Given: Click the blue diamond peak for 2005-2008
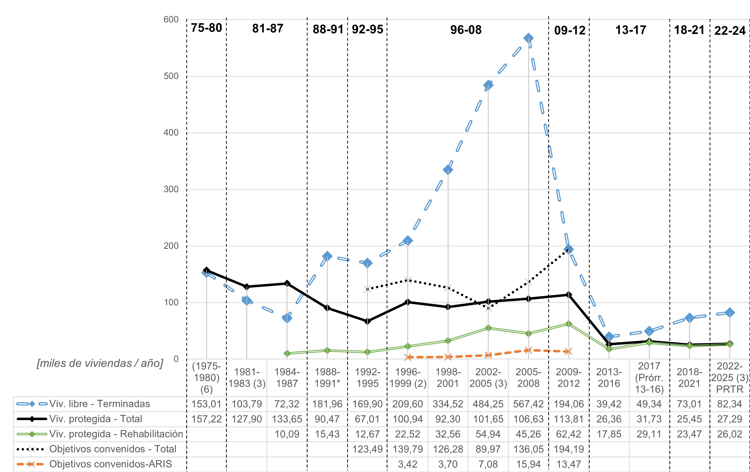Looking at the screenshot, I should pos(528,38).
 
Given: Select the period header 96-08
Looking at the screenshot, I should pos(466,30).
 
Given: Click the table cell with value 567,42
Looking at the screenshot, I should pos(528,404).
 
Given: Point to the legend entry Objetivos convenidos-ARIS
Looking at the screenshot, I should pos(111,464).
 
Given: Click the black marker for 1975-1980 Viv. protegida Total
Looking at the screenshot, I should pos(206,270).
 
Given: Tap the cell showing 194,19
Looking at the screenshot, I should pos(569,449).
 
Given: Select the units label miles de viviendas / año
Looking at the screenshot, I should pos(100,363).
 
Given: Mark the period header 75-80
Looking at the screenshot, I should pos(206,28).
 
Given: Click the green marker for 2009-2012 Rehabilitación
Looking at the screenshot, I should pos(569,324).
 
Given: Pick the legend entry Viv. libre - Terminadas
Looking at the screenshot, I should pos(99,404).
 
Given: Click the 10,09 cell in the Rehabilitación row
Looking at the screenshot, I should pos(287,434).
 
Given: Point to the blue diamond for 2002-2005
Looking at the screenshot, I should pos(488,85).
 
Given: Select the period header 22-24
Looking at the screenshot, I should pos(730,31).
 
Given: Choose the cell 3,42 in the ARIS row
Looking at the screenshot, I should pos(407,464).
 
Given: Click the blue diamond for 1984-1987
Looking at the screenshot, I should pos(287,318).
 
